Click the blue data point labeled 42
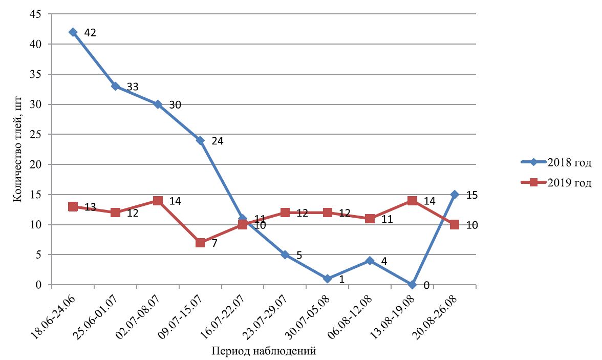tap(73, 32)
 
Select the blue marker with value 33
tap(115, 87)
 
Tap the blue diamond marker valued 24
tap(200, 140)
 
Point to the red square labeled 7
tap(200, 243)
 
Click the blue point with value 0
tap(412, 285)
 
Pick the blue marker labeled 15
tap(455, 195)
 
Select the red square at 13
tap(73, 207)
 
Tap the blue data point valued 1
tap(327, 279)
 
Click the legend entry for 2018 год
tap(555, 163)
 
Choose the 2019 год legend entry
tap(555, 183)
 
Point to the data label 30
tap(175, 105)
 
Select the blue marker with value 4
tap(370, 261)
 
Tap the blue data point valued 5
tap(285, 255)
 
